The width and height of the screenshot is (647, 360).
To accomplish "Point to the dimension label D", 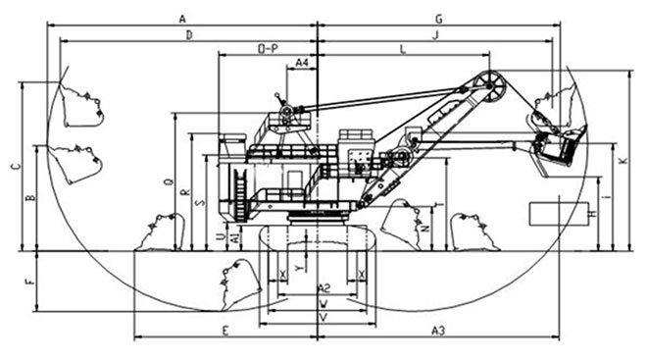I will tap(188, 35).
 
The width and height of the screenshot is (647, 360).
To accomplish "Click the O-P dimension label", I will tap(267, 48).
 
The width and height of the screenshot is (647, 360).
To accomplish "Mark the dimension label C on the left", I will tap(14, 166).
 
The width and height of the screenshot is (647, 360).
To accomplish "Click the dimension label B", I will tap(29, 199).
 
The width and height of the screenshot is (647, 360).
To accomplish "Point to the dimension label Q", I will tap(169, 182).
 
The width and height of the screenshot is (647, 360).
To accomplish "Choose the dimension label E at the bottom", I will tap(225, 330).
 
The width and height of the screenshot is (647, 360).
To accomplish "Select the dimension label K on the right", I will tap(622, 159).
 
